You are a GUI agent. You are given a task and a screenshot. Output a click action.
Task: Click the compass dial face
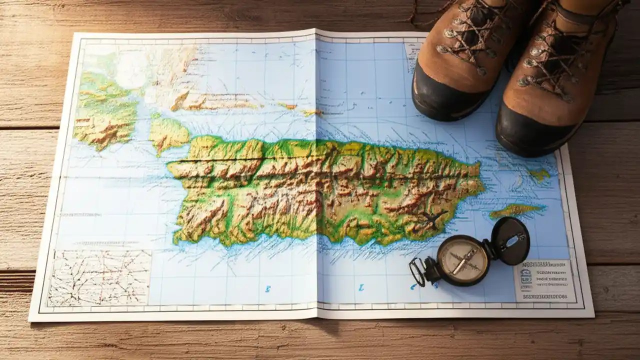[462, 259]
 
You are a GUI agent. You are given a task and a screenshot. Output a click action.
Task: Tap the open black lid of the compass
[510, 241]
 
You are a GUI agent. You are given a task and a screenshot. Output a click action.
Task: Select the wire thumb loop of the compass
[417, 271]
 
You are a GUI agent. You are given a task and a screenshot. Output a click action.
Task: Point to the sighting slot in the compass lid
[511, 241]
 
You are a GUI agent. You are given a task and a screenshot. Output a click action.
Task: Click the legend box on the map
[543, 280]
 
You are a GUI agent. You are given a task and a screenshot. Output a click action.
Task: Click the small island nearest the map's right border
[540, 174]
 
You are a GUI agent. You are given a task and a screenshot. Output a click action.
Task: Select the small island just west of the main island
[168, 134]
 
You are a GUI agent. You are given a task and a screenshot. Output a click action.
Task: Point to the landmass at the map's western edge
[105, 112]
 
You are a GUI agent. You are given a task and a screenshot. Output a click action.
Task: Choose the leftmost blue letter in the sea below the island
[268, 288]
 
